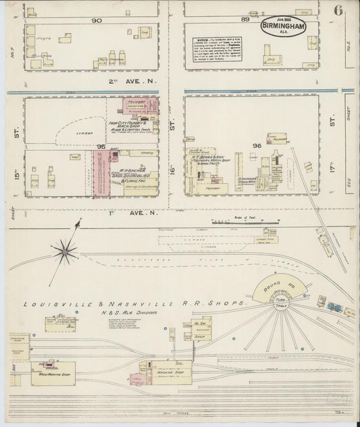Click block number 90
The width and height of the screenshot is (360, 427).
[x=97, y=20]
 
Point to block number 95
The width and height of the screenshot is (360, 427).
[x=101, y=147]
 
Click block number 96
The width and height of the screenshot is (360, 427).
[x=256, y=145]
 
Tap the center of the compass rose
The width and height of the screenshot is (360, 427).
[x=66, y=251]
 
